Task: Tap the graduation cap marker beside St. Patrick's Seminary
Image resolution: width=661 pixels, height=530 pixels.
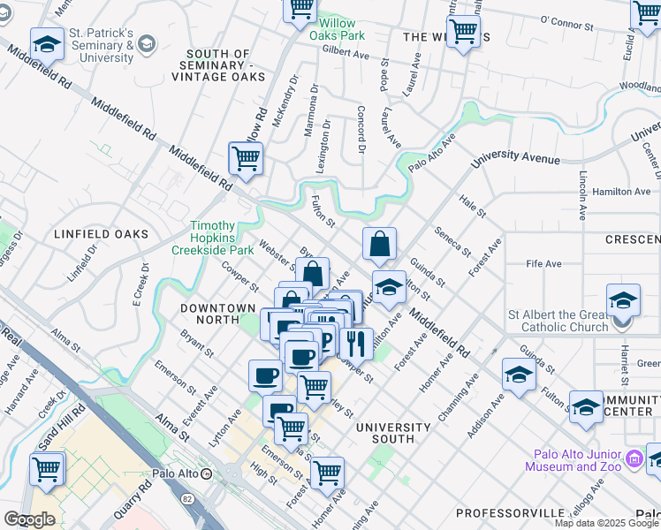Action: (47, 42)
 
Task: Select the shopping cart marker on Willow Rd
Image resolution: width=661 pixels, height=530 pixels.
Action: (246, 159)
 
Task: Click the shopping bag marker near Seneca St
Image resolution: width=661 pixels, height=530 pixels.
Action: (379, 245)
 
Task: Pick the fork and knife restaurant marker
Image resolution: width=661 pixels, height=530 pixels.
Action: (356, 342)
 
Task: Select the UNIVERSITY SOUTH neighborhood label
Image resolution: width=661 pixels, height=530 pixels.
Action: (392, 433)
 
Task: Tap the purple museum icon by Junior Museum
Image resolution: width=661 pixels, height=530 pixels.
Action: (634, 460)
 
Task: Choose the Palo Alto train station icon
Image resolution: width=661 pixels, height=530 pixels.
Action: (206, 473)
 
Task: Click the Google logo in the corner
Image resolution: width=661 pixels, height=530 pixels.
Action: (29, 519)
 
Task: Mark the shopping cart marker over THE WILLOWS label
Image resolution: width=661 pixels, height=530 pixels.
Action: (463, 33)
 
